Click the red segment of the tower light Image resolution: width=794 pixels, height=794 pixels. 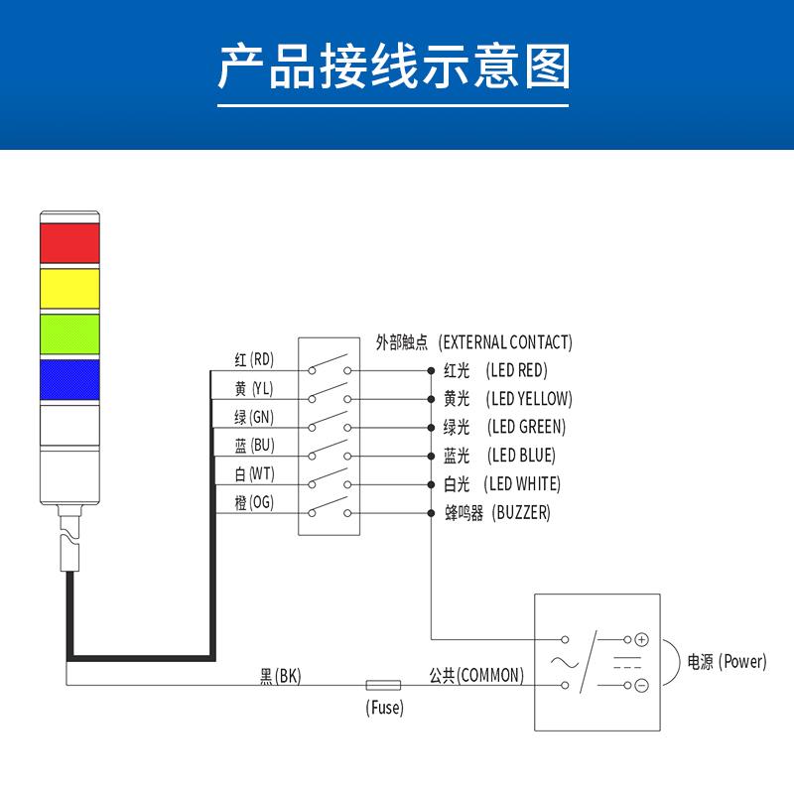point(69,242)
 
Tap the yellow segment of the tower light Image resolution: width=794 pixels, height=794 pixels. point(69,288)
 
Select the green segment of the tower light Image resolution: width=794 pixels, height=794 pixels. point(69,333)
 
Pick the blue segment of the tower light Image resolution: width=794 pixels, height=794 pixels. point(69,380)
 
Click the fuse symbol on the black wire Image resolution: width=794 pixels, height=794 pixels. point(383,685)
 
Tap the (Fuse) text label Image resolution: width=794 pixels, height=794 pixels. point(385,709)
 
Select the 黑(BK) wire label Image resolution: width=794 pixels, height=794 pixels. point(280,676)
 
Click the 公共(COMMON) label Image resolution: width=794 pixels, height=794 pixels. point(476,676)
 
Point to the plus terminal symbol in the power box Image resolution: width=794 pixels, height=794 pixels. point(641,640)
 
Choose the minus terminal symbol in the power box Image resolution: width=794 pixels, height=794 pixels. point(641,685)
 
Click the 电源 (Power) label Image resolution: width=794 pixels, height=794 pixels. point(728,662)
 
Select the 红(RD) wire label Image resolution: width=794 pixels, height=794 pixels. point(254,359)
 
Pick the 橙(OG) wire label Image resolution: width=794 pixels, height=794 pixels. point(254,502)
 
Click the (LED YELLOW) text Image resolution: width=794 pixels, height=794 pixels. point(529,399)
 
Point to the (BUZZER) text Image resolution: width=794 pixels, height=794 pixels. point(520,513)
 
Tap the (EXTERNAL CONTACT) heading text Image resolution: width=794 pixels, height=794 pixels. point(505,342)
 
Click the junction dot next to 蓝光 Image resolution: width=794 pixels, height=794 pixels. point(431,457)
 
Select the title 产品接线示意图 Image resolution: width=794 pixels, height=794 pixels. point(395,68)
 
